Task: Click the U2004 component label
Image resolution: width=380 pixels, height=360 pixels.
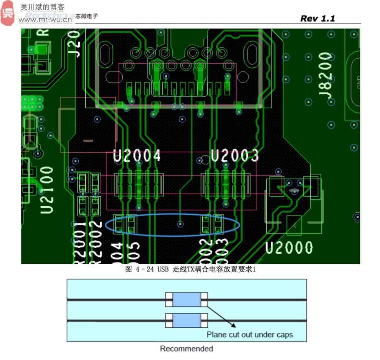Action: [x=137, y=156]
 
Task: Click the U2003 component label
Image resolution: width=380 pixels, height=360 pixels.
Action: [x=235, y=156]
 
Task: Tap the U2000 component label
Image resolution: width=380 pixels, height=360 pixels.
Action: [x=289, y=248]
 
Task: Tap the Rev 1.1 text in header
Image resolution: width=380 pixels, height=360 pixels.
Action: [x=318, y=18]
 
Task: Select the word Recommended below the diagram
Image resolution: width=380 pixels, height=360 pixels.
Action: [x=186, y=349]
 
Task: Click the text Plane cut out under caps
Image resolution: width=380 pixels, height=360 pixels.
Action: [x=250, y=335]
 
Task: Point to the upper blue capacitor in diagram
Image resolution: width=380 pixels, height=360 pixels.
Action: [x=187, y=300]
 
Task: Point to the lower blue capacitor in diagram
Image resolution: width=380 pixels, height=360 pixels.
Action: [x=187, y=320]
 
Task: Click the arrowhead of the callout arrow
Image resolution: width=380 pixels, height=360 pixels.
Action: [x=233, y=325]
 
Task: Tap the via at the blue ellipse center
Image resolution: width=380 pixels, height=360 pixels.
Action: [x=180, y=224]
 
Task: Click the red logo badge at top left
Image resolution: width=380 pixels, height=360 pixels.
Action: [x=7, y=13]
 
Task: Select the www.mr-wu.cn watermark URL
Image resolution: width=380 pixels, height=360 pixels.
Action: [x=45, y=19]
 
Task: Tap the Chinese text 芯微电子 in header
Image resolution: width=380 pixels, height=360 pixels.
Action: [x=86, y=16]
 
